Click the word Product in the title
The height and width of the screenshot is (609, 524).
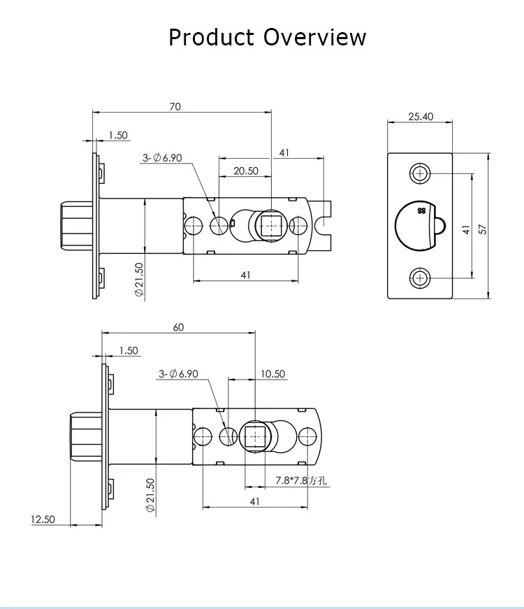pos(211,38)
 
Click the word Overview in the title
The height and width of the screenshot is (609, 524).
pos(314,38)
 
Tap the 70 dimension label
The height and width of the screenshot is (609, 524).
pos(175,106)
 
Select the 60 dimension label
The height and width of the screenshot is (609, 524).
pos(178,327)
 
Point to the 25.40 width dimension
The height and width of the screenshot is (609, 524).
pos(421,116)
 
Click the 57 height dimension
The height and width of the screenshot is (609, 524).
pos(483,229)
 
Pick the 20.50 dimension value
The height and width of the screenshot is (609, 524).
pos(246,171)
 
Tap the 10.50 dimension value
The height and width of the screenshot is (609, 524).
pos(272,373)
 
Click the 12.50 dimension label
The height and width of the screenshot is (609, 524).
pos(43,520)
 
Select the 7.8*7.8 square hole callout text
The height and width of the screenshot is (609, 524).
pos(301,480)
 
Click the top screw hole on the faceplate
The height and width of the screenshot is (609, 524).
pos(420,173)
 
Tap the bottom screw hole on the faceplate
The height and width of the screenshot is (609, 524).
pos(420,278)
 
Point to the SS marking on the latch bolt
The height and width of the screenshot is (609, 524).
pos(421,211)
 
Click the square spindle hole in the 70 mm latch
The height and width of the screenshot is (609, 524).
pos(271,225)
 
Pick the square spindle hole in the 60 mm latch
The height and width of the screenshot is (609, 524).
pos(254,436)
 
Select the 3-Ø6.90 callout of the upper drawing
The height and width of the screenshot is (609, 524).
pos(162,158)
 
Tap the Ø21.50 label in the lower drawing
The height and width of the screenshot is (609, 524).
pos(150,495)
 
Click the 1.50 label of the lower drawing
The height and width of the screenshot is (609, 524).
pos(129,350)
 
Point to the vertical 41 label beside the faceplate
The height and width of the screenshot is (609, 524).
pos(466,229)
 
